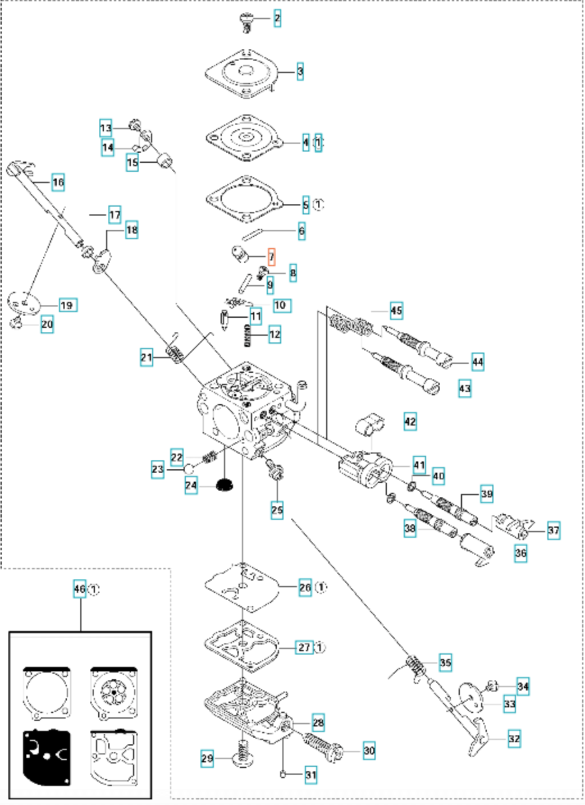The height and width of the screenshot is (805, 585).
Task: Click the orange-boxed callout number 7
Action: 272,257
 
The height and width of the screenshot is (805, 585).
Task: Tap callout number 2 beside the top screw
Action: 277,18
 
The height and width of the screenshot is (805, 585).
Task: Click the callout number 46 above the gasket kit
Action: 79,589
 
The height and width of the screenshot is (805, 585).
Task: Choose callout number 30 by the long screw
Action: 369,751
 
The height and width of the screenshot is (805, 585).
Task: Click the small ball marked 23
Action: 189,469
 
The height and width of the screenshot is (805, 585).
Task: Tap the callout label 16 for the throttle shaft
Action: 58,182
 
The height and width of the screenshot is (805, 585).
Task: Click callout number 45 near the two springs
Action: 396,310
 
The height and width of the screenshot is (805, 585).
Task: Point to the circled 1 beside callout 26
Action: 321,588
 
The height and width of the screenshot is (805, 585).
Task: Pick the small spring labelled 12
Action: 247,336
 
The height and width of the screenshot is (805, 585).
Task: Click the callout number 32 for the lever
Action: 514,739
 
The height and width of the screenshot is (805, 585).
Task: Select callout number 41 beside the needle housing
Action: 419,465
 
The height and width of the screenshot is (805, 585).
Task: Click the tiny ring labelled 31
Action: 283,775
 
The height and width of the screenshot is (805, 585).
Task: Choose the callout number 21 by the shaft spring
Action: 146,357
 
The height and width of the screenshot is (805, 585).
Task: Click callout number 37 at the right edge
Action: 554,530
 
